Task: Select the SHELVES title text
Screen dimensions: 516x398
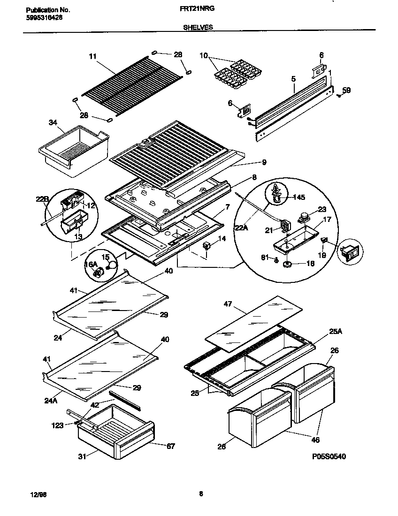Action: pos(198,28)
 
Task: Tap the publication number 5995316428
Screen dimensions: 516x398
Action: pos(42,17)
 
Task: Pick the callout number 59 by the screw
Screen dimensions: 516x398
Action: pos(346,90)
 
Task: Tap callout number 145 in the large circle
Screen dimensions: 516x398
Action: pos(298,197)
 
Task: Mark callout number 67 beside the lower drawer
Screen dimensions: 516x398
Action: pos(170,446)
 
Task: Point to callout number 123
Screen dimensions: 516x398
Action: pos(57,425)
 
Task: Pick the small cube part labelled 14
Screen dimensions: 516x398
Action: pos(206,246)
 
